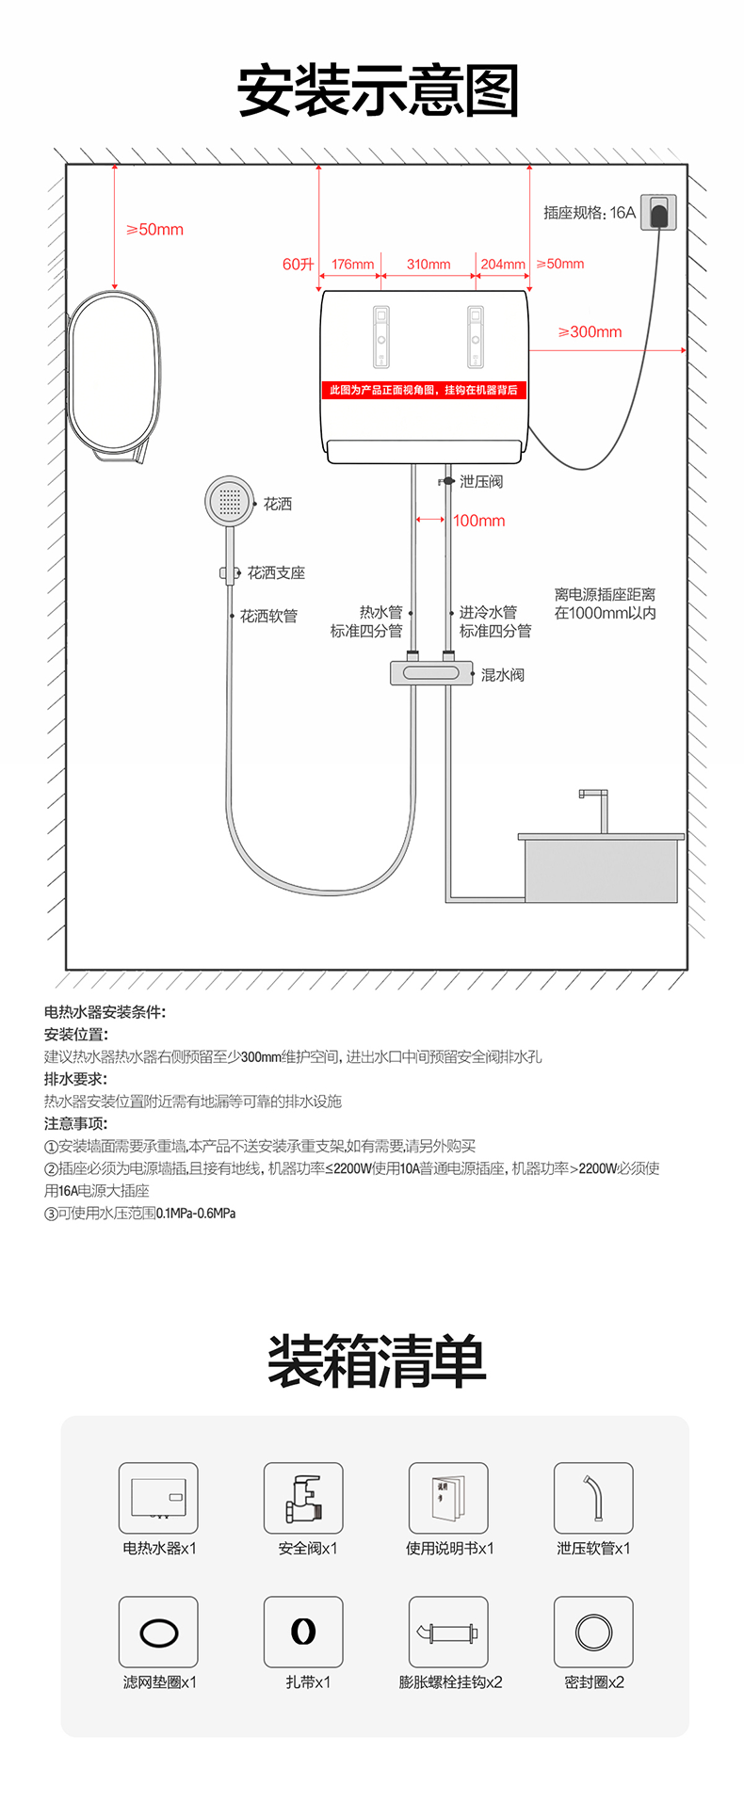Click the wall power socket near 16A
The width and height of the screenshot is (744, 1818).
[x=658, y=212]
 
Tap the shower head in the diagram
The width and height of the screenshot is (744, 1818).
[x=230, y=501]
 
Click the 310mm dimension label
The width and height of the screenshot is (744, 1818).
[x=429, y=265]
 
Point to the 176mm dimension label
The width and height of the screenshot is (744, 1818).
[x=352, y=265]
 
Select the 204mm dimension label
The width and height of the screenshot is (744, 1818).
[x=503, y=265]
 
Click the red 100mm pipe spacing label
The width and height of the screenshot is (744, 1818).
[x=479, y=521]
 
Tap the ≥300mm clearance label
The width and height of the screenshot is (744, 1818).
[x=590, y=331]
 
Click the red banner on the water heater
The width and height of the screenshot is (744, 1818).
[x=424, y=390]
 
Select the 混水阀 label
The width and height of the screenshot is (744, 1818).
[x=503, y=675]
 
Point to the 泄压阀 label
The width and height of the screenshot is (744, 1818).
[x=481, y=481]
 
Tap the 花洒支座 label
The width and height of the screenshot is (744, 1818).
[x=276, y=572]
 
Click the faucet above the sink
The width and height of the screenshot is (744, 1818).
[x=594, y=811]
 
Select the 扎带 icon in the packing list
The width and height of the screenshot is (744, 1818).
[x=303, y=1632]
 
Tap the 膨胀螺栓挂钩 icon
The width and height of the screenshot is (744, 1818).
[x=448, y=1632]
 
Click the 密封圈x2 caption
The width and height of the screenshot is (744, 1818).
[x=594, y=1682]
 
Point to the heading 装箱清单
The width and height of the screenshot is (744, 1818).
[x=377, y=1361]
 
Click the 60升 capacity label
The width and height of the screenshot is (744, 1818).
[x=299, y=265]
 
